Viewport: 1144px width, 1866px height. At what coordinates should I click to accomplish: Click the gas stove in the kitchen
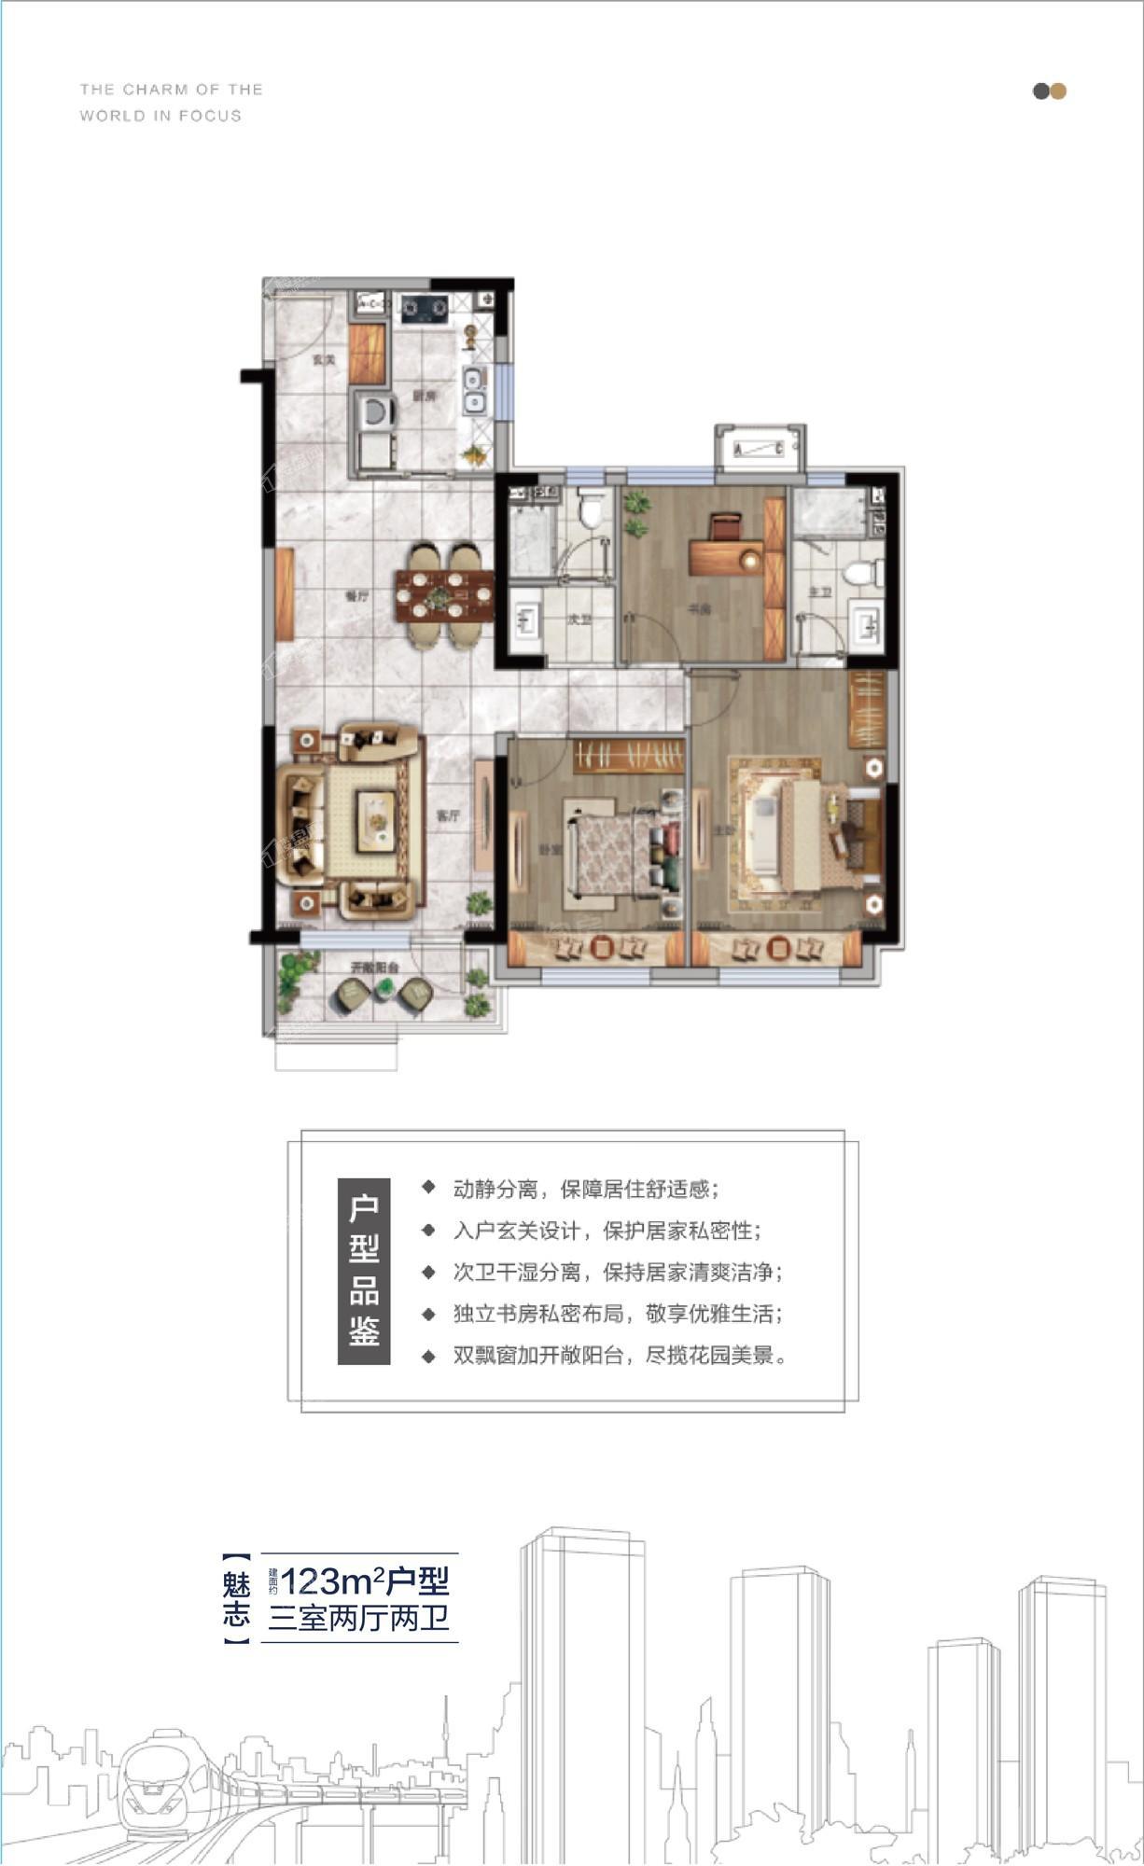[x=425, y=307]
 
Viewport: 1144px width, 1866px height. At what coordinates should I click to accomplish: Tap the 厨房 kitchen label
[x=425, y=397]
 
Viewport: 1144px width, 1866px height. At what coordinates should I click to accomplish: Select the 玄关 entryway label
[x=324, y=359]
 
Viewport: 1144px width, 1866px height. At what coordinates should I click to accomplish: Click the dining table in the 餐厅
[x=444, y=595]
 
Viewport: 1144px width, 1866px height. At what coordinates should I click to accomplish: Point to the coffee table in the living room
[x=376, y=820]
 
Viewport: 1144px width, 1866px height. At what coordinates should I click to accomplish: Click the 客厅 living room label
[x=449, y=816]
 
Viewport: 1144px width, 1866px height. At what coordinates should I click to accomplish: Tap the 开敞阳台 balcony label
[x=374, y=968]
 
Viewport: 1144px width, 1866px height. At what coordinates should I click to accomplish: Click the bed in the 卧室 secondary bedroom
[x=611, y=851]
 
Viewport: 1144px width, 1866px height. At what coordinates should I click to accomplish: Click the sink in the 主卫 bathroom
[x=866, y=624]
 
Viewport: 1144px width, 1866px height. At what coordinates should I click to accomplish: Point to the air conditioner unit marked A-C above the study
[x=760, y=451]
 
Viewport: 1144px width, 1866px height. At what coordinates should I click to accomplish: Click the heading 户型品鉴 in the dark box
[x=364, y=1271]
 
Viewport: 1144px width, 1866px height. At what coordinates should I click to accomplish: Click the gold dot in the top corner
[x=1058, y=91]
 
